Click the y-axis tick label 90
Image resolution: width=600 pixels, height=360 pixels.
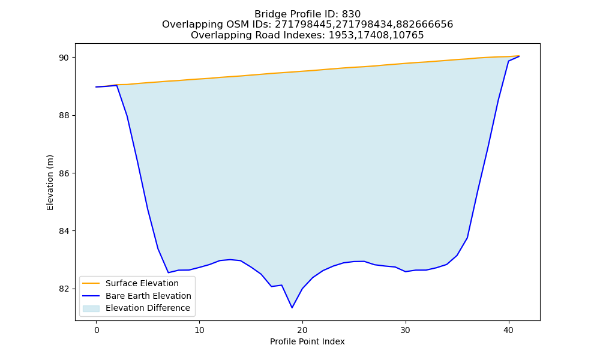pyautogui.click(x=64, y=58)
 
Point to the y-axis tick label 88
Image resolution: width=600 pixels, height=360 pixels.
pyautogui.click(x=64, y=116)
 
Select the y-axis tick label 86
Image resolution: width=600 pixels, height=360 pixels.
pyautogui.click(x=64, y=173)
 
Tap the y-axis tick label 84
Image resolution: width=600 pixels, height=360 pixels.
pyautogui.click(x=64, y=231)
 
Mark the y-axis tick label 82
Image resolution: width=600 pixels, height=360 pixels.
pyautogui.click(x=64, y=289)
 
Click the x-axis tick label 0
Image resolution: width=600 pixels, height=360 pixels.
pyautogui.click(x=97, y=330)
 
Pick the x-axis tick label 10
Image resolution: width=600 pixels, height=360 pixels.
pyautogui.click(x=199, y=330)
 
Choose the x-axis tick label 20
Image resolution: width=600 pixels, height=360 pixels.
pyautogui.click(x=302, y=330)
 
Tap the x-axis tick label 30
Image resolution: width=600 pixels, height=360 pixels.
pyautogui.click(x=405, y=330)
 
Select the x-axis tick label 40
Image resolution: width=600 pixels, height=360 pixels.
pyautogui.click(x=509, y=330)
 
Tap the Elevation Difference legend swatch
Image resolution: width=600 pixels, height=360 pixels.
pyautogui.click(x=91, y=308)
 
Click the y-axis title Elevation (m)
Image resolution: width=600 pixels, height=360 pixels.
pyautogui.click(x=50, y=182)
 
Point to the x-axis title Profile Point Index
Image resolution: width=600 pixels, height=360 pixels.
pyautogui.click(x=307, y=341)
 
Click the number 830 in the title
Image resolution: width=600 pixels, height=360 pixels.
pyautogui.click(x=351, y=14)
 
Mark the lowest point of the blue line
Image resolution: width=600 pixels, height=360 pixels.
pyautogui.click(x=292, y=308)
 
